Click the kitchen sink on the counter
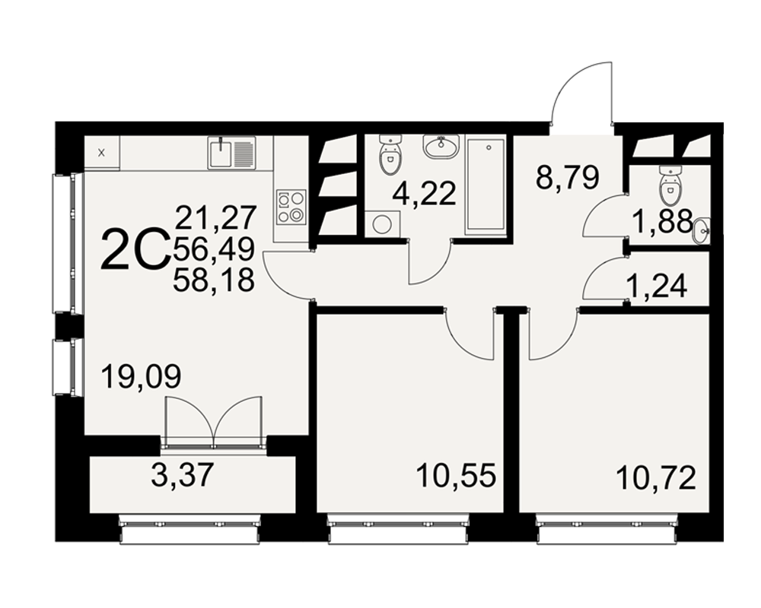(231, 153)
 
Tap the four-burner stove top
(291, 207)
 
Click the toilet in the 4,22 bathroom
(390, 155)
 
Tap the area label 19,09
(142, 377)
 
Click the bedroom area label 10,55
(456, 476)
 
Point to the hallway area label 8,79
(568, 177)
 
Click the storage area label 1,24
(658, 286)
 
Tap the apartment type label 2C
(135, 250)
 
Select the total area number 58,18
(214, 280)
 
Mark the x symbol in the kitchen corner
(101, 154)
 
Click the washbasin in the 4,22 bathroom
(441, 147)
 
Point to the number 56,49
(214, 249)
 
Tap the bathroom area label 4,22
(425, 194)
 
